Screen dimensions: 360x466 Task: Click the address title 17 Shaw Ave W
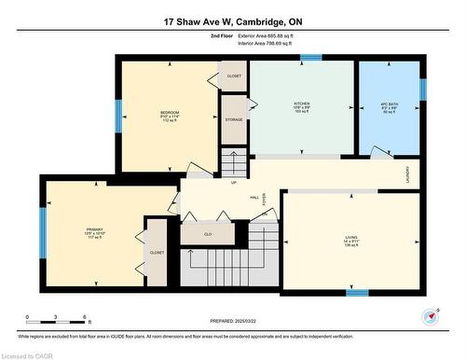point(233,20)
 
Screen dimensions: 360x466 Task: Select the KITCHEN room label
point(302,103)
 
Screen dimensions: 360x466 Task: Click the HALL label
point(254,198)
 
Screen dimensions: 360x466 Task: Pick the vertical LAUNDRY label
point(407,173)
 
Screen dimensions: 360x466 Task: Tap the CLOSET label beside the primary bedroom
point(156,253)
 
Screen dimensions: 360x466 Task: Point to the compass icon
point(431,315)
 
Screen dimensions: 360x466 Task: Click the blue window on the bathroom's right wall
point(421,89)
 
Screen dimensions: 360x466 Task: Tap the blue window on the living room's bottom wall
point(357,292)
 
